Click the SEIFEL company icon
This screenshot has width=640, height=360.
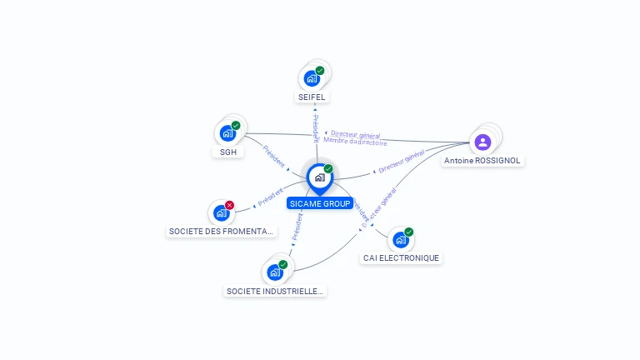312,78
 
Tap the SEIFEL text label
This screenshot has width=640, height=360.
312,97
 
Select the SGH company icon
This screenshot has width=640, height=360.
227,132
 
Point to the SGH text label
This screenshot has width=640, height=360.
227,152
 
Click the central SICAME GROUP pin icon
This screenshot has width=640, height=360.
319,177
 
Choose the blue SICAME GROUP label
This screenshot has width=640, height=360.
320,203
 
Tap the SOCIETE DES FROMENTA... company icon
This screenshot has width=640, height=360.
221,212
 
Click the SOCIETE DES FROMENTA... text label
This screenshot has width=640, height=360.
221,231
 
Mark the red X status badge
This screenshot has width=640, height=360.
230,205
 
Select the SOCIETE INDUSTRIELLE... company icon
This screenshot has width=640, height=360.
274,272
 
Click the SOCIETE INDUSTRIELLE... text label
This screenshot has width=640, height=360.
274,291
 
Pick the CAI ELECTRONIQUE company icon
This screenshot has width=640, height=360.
400,240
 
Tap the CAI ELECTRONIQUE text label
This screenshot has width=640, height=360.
401,258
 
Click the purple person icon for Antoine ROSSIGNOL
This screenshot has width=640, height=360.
482,142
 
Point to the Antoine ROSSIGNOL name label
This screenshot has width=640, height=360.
482,160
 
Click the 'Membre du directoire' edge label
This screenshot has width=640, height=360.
356,142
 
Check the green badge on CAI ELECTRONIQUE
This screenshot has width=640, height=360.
409,232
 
